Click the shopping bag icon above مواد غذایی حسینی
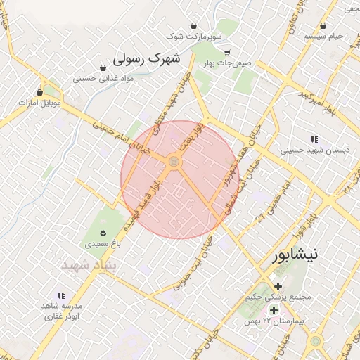click(104, 68)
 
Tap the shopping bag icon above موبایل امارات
click(39, 92)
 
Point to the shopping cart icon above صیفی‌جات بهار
click(226, 53)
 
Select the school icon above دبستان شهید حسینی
click(314, 139)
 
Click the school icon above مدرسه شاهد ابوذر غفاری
click(61, 295)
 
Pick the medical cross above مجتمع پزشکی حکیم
click(278, 286)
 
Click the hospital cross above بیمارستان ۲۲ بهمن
click(274, 310)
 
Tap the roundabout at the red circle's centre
click(174, 162)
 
